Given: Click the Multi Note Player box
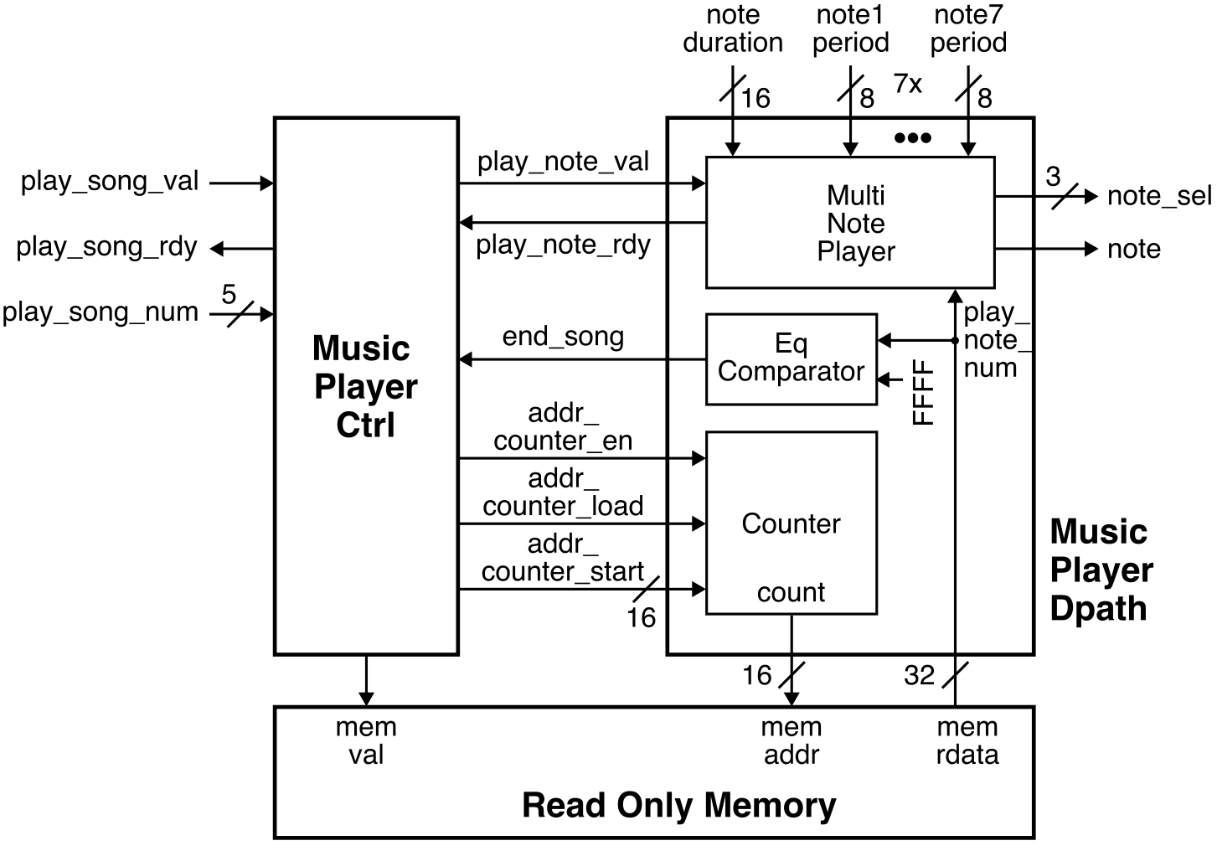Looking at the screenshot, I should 850,223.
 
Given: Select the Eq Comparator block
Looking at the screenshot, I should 791,358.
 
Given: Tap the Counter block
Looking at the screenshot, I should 791,523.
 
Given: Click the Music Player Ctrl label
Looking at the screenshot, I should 365,386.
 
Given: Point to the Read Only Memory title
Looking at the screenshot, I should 678,805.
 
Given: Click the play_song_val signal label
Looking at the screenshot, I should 110,182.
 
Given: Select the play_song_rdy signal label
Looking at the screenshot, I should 106,247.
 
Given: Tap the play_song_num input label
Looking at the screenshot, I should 101,312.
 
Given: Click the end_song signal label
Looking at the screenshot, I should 563,337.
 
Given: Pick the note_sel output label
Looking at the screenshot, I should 1158,196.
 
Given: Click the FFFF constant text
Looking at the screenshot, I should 922,392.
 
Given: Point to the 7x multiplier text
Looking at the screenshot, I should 908,84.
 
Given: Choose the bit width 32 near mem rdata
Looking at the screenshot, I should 919,675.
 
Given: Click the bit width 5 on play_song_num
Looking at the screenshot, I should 229,295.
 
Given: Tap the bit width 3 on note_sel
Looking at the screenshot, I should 1053,177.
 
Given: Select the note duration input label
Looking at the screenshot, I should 733,28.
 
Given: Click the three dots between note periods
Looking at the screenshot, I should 912,138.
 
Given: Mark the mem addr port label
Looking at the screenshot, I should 791,741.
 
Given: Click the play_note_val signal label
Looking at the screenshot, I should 563,162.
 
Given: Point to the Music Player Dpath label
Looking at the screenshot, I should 1101,570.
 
